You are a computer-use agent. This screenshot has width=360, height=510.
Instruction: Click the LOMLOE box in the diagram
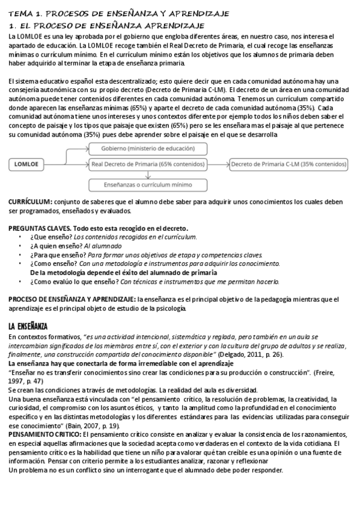tap(26, 162)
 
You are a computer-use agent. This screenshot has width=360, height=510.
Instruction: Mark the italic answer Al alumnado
tap(100, 246)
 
